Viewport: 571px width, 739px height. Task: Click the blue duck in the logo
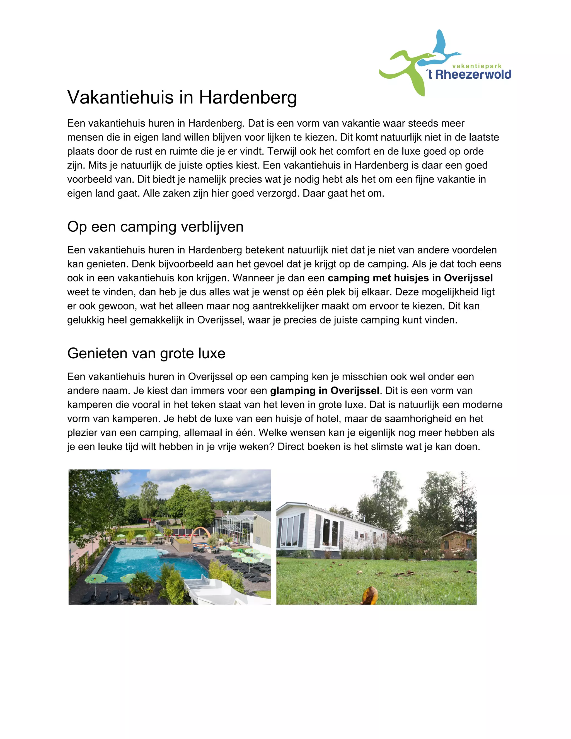click(440, 51)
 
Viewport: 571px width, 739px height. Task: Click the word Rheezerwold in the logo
click(473, 74)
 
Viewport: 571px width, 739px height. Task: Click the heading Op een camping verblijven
click(155, 227)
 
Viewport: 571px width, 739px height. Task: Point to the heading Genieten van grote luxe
click(146, 353)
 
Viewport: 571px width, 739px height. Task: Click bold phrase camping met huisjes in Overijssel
click(410, 278)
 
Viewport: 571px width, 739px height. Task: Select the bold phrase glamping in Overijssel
click(325, 390)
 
